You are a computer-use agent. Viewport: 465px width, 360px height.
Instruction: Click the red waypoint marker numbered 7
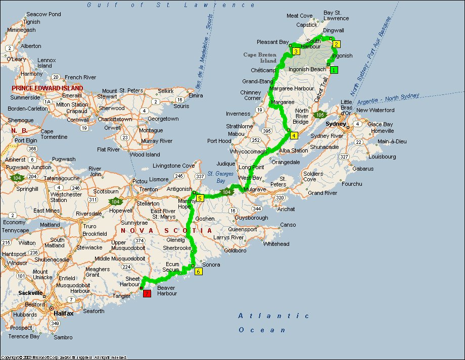(x=147, y=293)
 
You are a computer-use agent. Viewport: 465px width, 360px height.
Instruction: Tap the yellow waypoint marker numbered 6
(x=198, y=272)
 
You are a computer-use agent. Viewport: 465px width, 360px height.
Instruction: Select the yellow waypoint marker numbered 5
(x=200, y=198)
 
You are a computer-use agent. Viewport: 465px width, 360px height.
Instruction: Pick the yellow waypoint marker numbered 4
(x=294, y=135)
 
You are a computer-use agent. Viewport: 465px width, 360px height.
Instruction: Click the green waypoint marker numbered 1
(x=334, y=70)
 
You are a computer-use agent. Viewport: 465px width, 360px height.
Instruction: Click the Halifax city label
(x=63, y=314)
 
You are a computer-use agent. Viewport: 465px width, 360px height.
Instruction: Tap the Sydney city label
(x=336, y=124)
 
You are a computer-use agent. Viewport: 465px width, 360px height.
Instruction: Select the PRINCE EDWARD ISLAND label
(x=48, y=88)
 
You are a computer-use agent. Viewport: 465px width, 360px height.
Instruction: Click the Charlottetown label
(x=115, y=119)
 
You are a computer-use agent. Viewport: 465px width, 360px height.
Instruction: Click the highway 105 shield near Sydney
(x=319, y=115)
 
